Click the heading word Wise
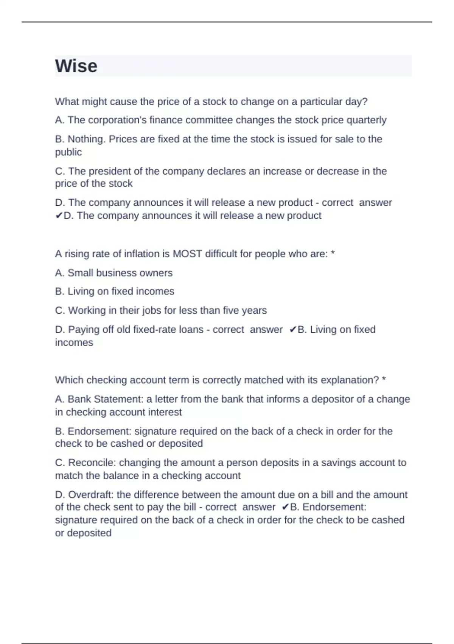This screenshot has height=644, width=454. (76, 66)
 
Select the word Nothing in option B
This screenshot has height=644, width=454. (86, 139)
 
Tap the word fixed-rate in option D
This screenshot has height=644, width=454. (154, 330)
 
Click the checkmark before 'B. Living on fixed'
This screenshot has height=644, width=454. (293, 330)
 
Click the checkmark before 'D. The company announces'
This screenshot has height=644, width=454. (59, 216)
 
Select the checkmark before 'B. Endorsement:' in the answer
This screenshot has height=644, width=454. (286, 507)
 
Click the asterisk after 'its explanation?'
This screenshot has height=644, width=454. (384, 380)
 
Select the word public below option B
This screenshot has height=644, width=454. (68, 152)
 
